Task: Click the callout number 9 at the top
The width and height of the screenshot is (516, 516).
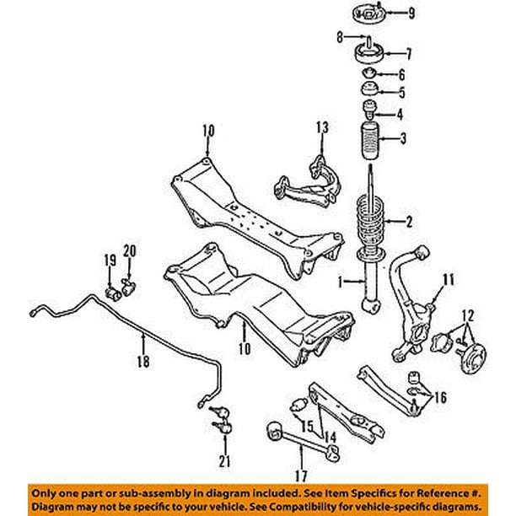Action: [x=412, y=13]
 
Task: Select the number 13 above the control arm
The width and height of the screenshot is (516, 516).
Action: [x=321, y=127]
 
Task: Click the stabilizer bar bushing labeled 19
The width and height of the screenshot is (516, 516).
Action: [x=112, y=292]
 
